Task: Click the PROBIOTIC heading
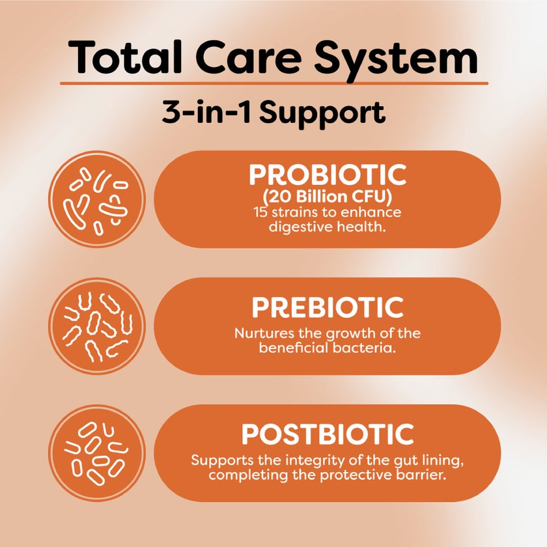(x=328, y=176)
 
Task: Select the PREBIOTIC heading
(x=328, y=307)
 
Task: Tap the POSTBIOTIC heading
(x=328, y=434)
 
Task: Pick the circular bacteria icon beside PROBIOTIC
(x=97, y=199)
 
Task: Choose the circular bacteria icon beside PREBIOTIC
(x=97, y=326)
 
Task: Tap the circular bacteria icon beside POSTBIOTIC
(x=97, y=453)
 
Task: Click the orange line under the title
(x=273, y=83)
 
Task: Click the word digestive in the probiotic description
(x=296, y=226)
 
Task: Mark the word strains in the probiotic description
(x=290, y=212)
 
